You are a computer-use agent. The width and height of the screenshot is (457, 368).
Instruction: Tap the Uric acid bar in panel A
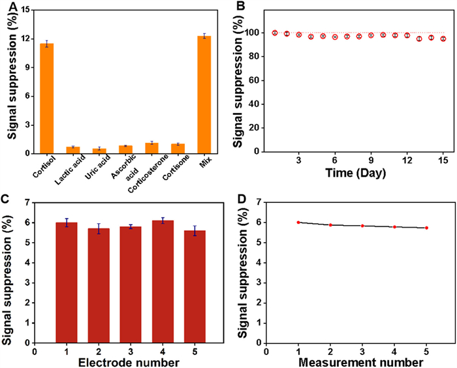(x=100, y=151)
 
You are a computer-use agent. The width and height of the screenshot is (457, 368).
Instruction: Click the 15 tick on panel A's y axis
(x=25, y=10)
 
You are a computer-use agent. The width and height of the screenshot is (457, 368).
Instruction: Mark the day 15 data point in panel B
(x=443, y=38)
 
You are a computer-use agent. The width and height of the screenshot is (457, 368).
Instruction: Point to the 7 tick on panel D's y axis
(x=259, y=202)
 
